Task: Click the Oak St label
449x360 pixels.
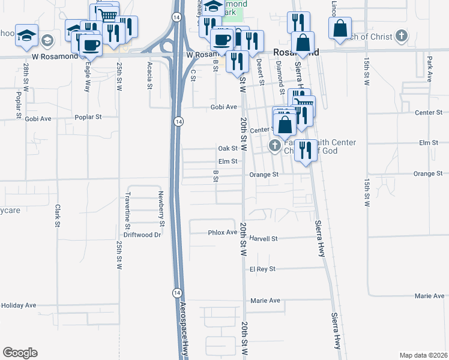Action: click(x=228, y=148)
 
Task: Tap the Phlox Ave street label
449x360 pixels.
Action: click(x=223, y=232)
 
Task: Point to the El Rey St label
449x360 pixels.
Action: click(x=262, y=269)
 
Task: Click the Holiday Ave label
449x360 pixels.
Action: click(x=19, y=305)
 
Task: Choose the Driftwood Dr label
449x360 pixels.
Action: click(x=142, y=235)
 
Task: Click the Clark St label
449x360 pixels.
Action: click(x=58, y=216)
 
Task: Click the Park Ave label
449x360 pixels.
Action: click(x=430, y=70)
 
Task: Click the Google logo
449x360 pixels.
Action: click(x=20, y=353)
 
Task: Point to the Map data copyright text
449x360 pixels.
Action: click(x=423, y=355)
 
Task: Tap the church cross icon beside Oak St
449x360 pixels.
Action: click(x=275, y=145)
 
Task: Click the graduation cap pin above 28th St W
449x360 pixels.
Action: click(x=26, y=35)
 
